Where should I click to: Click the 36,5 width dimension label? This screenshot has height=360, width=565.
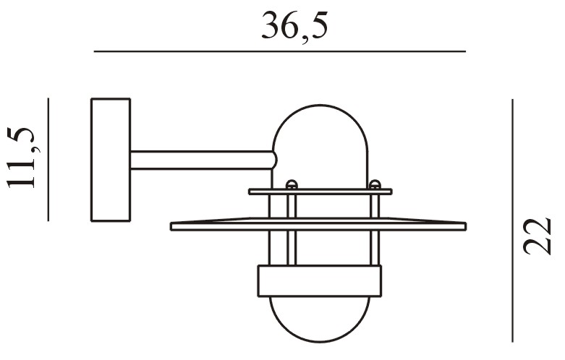click(x=294, y=27)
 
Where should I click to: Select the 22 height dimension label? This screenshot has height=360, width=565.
click(x=538, y=236)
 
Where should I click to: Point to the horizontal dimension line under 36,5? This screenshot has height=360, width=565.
click(x=280, y=52)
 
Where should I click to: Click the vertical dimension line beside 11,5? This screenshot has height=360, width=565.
click(x=48, y=160)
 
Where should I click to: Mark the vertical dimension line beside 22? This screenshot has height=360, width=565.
click(x=512, y=220)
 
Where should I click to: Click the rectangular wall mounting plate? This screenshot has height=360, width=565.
click(x=111, y=160)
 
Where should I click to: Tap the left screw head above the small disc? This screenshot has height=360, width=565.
click(x=292, y=184)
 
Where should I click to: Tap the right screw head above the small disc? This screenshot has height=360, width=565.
click(x=375, y=184)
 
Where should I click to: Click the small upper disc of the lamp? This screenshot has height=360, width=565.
click(x=320, y=192)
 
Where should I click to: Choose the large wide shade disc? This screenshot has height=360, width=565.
click(x=318, y=224)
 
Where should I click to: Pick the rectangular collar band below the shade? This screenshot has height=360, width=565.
click(x=320, y=281)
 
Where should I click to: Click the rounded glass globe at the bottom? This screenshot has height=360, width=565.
click(x=320, y=320)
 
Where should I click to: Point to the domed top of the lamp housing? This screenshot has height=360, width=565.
click(x=320, y=129)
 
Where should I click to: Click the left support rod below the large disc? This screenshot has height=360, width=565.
click(x=292, y=248)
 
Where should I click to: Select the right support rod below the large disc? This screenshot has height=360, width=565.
click(x=375, y=248)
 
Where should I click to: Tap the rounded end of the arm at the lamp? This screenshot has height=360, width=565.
click(x=275, y=160)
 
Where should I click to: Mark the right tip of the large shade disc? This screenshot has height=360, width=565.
click(x=467, y=226)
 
